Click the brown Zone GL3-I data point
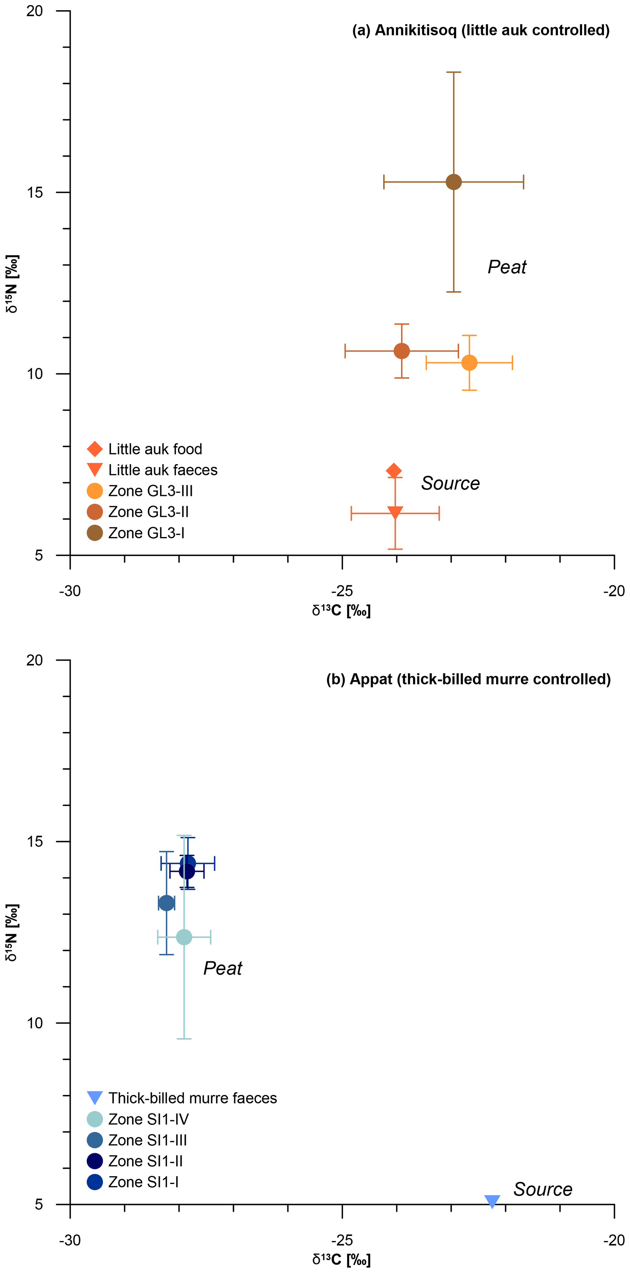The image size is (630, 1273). (x=453, y=182)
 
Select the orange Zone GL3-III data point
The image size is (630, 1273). (x=469, y=363)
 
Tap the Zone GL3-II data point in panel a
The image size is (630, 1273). (x=402, y=351)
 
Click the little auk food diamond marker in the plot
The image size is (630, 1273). (x=393, y=471)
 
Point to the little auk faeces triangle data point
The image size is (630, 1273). (x=395, y=513)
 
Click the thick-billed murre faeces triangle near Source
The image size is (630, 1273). (x=492, y=1201)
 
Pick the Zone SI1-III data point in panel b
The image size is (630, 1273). (x=166, y=903)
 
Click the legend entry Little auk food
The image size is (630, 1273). (x=155, y=449)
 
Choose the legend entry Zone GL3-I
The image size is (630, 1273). (x=146, y=533)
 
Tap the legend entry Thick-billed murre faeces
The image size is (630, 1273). (x=192, y=1098)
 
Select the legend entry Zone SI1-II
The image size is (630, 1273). (x=145, y=1161)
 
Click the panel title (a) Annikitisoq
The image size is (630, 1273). (x=480, y=30)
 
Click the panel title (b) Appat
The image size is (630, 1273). (x=468, y=679)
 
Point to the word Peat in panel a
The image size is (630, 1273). (x=507, y=267)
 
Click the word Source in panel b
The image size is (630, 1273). (x=543, y=1189)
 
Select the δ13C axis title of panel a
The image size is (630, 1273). (x=341, y=611)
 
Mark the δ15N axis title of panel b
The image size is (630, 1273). (x=12, y=933)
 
